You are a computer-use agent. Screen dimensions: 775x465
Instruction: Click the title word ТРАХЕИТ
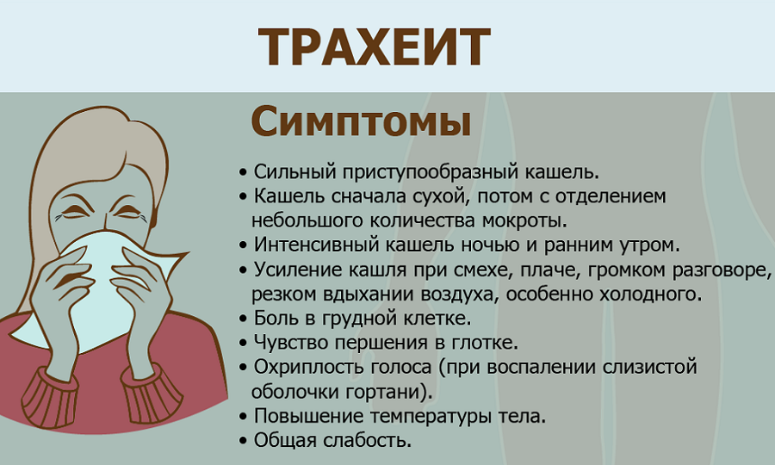click(375, 46)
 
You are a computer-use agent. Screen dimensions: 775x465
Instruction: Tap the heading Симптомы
click(361, 121)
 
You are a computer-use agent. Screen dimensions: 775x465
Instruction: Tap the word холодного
click(650, 294)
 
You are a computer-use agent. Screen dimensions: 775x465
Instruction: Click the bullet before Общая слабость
click(243, 440)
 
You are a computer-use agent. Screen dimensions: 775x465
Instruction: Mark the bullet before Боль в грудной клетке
click(243, 319)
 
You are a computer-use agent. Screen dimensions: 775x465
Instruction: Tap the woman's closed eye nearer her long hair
click(74, 212)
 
